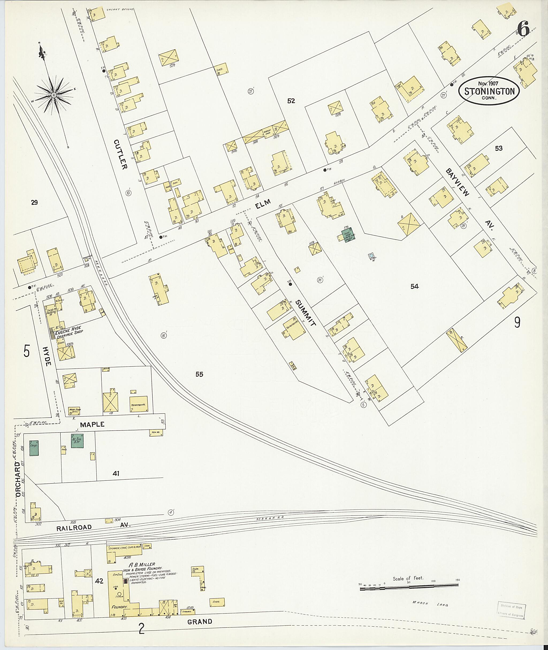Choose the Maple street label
click(x=92, y=424)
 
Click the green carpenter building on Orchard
click(x=34, y=448)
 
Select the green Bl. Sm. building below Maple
click(x=77, y=440)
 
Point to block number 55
click(x=199, y=374)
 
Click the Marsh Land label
click(x=425, y=603)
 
